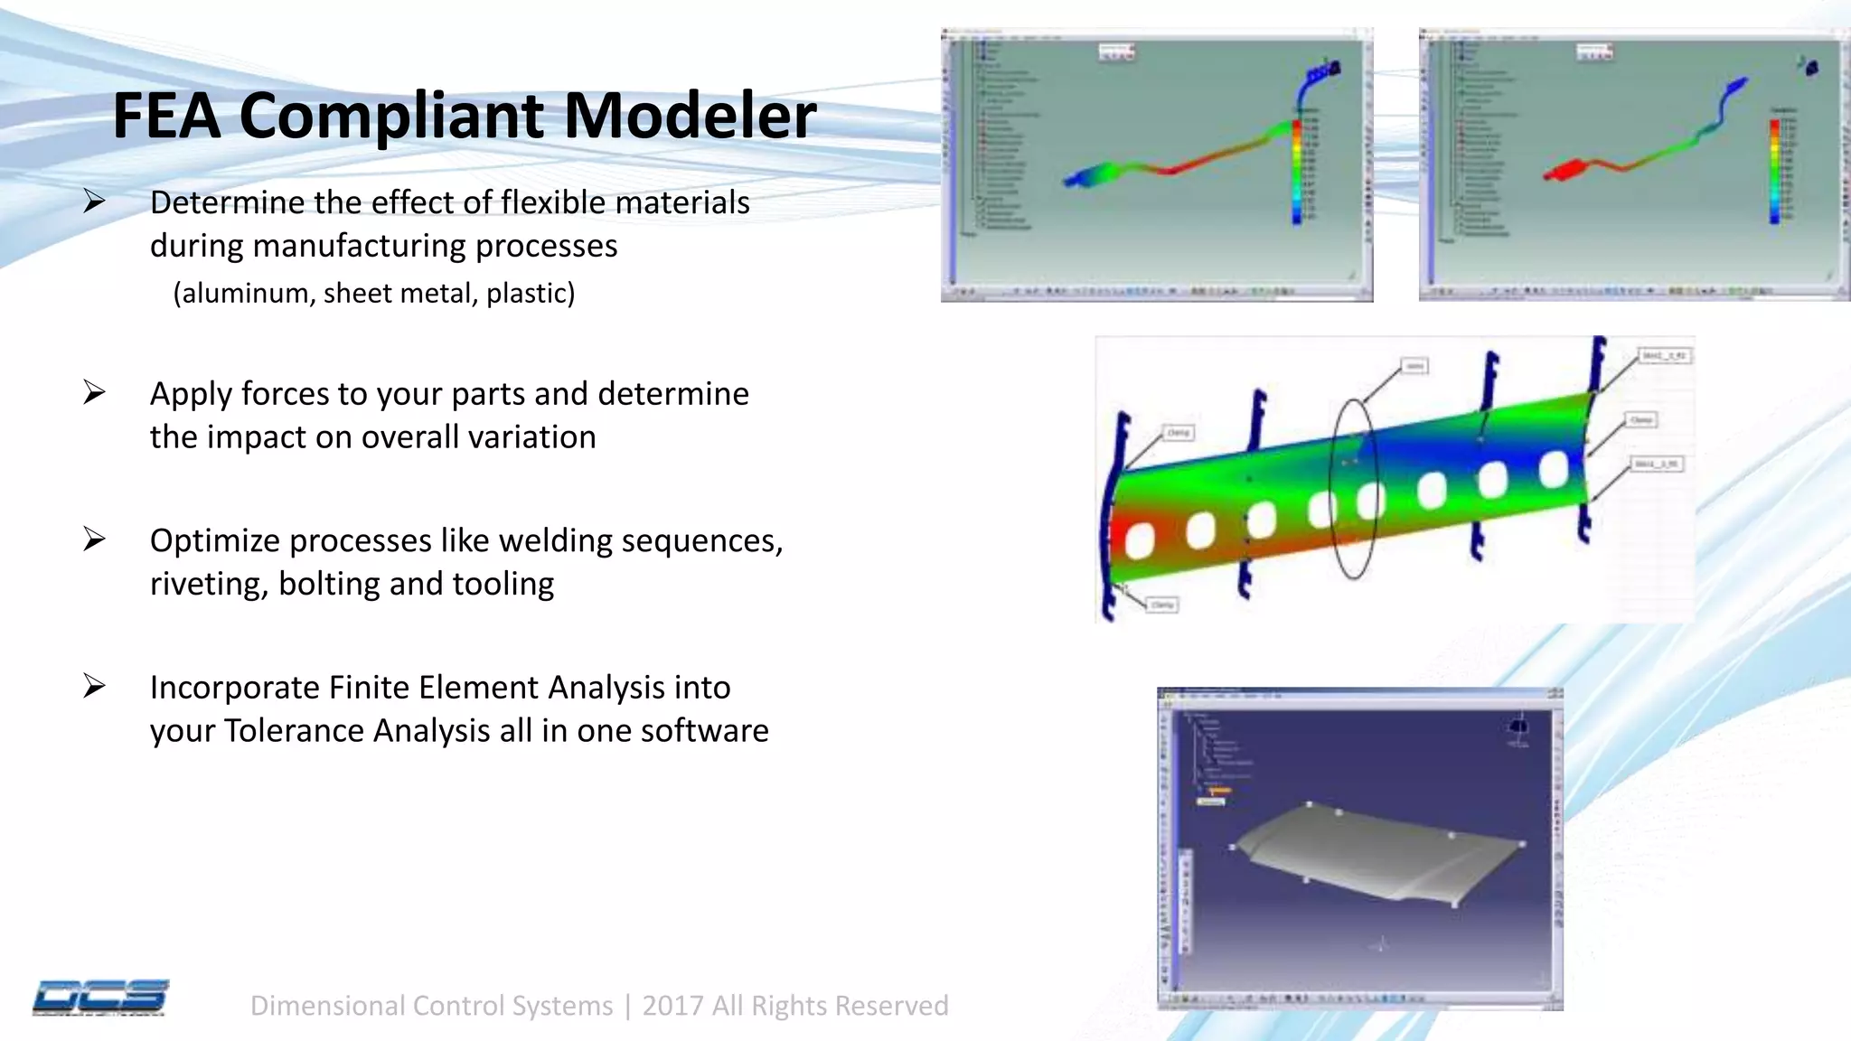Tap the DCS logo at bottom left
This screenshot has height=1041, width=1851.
click(100, 998)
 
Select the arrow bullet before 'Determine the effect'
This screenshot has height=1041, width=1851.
click(94, 201)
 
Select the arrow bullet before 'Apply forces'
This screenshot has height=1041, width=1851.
click(94, 392)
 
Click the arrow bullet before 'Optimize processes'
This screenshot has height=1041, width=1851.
click(94, 539)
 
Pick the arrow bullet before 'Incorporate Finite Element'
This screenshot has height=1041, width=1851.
click(94, 686)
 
